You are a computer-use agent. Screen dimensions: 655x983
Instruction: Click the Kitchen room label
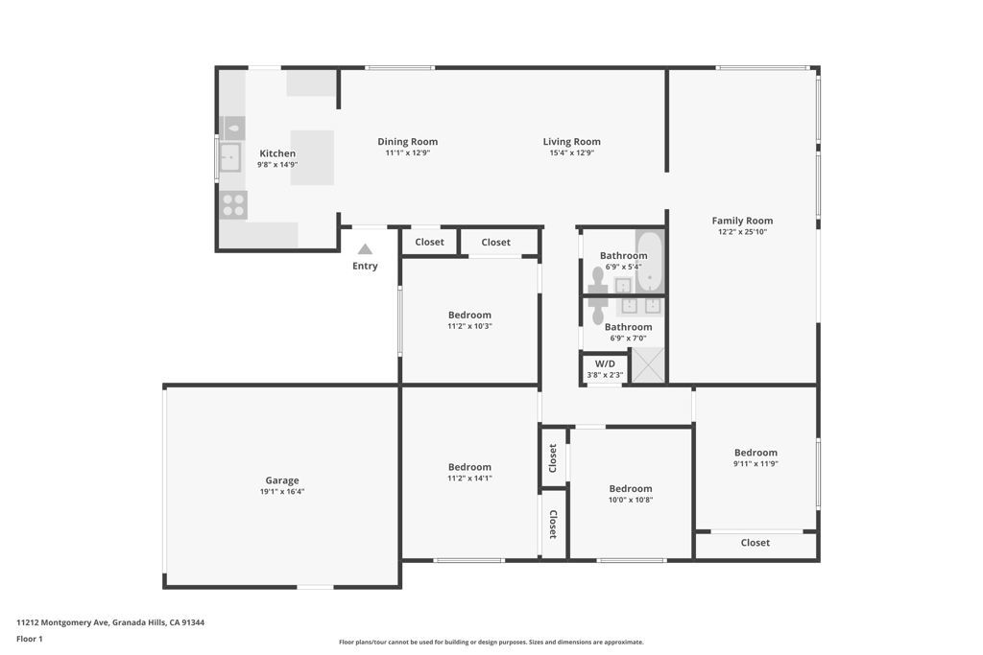click(x=277, y=153)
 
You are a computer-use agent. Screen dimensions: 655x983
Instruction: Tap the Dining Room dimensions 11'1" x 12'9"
click(x=407, y=153)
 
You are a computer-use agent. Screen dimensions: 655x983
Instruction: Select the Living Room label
click(x=571, y=142)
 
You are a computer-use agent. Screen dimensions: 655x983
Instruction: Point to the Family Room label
click(x=742, y=221)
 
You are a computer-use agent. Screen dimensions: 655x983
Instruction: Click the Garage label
click(x=282, y=480)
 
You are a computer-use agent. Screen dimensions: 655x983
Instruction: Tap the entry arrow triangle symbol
click(x=365, y=249)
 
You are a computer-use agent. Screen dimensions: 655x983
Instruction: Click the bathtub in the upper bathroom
click(x=650, y=261)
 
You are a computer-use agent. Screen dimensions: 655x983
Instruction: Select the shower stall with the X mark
click(x=648, y=367)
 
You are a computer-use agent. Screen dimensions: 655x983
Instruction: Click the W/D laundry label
click(x=605, y=363)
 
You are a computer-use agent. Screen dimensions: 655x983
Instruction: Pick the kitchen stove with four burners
click(x=233, y=205)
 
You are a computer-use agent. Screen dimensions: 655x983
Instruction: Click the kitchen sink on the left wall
click(x=229, y=157)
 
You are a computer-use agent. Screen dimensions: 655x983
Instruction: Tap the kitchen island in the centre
click(x=312, y=157)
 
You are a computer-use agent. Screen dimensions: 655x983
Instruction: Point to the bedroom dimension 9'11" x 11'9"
click(x=755, y=463)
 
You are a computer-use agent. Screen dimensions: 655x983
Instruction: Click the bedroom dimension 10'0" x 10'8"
click(x=630, y=500)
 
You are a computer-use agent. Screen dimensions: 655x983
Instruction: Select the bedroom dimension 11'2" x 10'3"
click(x=469, y=326)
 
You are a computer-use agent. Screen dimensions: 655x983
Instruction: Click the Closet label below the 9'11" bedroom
click(x=755, y=543)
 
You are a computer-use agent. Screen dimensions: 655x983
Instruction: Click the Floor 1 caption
click(x=30, y=639)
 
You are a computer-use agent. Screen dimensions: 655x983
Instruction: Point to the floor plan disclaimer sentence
click(x=491, y=643)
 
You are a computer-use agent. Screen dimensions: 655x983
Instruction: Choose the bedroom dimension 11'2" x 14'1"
click(x=469, y=479)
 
